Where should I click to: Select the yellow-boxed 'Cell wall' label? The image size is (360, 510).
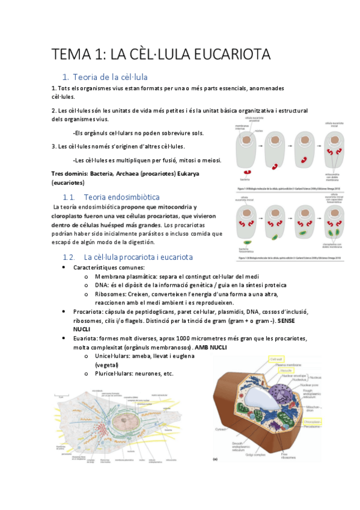pos(275,358)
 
